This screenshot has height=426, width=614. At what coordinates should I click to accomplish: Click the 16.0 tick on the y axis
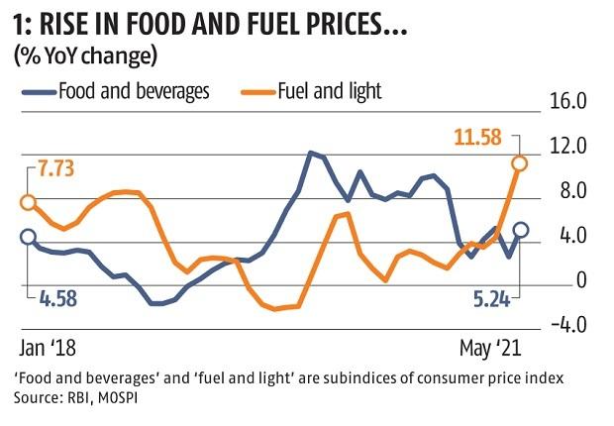pyautogui.click(x=567, y=103)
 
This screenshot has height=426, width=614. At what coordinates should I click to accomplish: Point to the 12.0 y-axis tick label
pyautogui.click(x=567, y=148)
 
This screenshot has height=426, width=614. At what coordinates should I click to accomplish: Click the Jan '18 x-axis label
pyautogui.click(x=48, y=350)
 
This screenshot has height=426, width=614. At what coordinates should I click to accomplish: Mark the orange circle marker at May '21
pyautogui.click(x=520, y=163)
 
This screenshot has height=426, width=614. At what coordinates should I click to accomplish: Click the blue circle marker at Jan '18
pyautogui.click(x=28, y=237)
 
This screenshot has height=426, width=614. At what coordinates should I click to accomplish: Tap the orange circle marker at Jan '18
pyautogui.click(x=28, y=202)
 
